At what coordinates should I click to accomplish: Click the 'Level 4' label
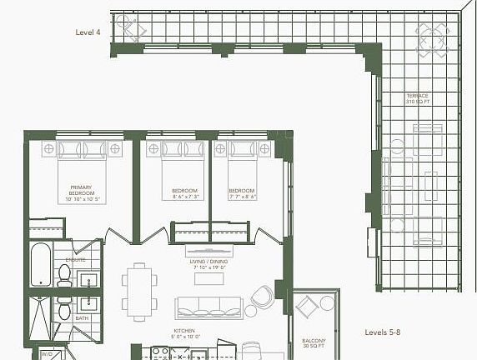pos(88,32)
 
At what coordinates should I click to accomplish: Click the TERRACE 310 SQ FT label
pos(417,98)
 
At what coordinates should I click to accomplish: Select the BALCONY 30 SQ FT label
pos(314,344)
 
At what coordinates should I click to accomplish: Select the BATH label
pos(82,317)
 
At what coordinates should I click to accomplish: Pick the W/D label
pos(48,354)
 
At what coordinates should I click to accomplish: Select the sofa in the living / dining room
pos(208,307)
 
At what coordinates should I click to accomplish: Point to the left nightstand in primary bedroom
pos(48,148)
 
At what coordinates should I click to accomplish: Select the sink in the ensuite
pos(89,281)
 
